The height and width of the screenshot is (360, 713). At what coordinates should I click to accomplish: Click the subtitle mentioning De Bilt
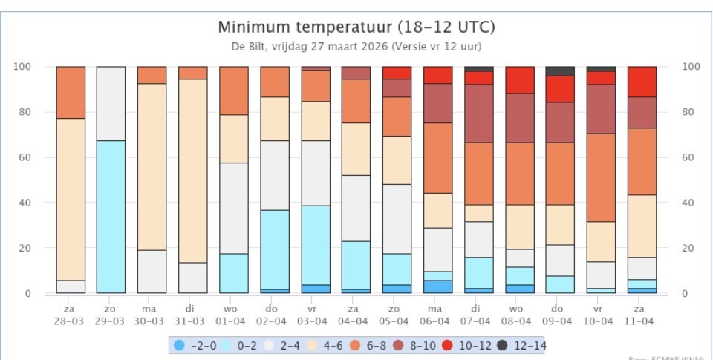356,46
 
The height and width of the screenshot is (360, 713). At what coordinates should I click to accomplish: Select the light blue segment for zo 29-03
111,217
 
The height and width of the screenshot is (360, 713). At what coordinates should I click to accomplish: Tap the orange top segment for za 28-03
71,92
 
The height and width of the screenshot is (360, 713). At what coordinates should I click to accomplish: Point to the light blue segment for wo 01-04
233,273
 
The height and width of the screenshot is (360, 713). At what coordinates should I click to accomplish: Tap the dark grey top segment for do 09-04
560,71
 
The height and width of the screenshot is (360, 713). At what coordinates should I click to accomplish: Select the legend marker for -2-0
179,344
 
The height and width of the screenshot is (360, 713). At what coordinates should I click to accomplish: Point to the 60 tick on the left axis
24,157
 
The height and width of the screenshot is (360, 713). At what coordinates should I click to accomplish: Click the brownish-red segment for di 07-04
478,114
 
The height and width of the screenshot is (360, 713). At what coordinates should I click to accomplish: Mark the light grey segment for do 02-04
274,175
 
